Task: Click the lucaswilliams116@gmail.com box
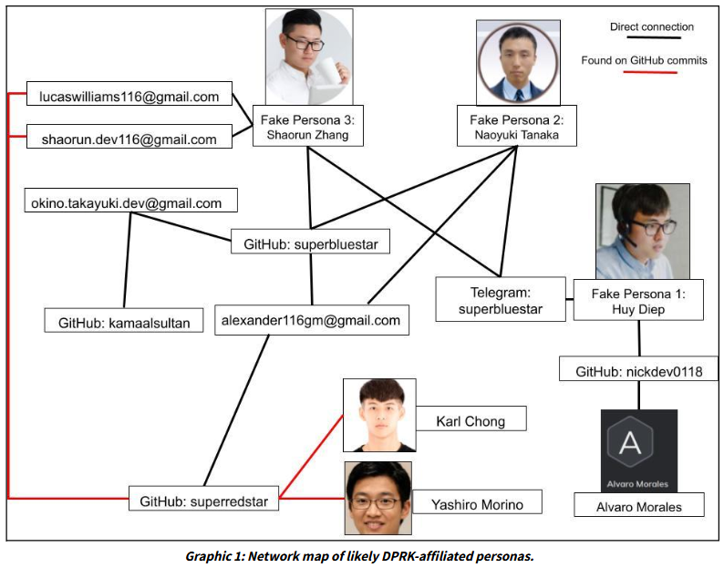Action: [x=129, y=96]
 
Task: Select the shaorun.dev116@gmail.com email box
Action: [x=129, y=139]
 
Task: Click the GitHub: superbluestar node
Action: [x=311, y=244]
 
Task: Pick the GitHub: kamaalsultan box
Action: [x=124, y=322]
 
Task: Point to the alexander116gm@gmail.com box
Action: [x=310, y=320]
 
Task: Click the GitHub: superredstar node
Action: [x=203, y=501]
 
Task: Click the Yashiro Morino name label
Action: [x=475, y=502]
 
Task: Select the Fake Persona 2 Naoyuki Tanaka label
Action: [x=516, y=128]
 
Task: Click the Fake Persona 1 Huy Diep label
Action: [x=637, y=300]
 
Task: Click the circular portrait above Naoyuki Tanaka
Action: [x=514, y=62]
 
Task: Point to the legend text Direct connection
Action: [x=651, y=27]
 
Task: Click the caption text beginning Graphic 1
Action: [x=361, y=554]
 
